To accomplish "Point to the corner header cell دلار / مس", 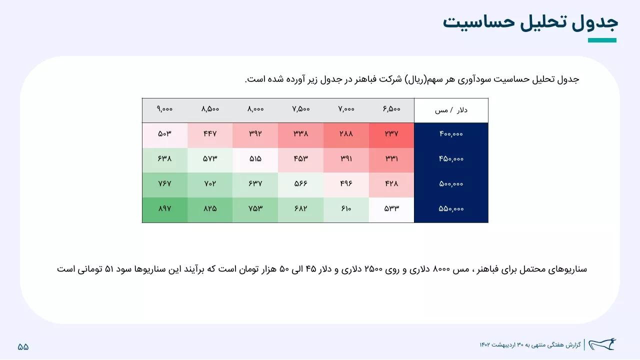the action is point(451,110).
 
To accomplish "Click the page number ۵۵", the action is point(23,347).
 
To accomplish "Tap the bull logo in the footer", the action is point(602,344).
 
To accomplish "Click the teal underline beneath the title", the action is point(602,40).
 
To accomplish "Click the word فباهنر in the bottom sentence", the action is point(485,269).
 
